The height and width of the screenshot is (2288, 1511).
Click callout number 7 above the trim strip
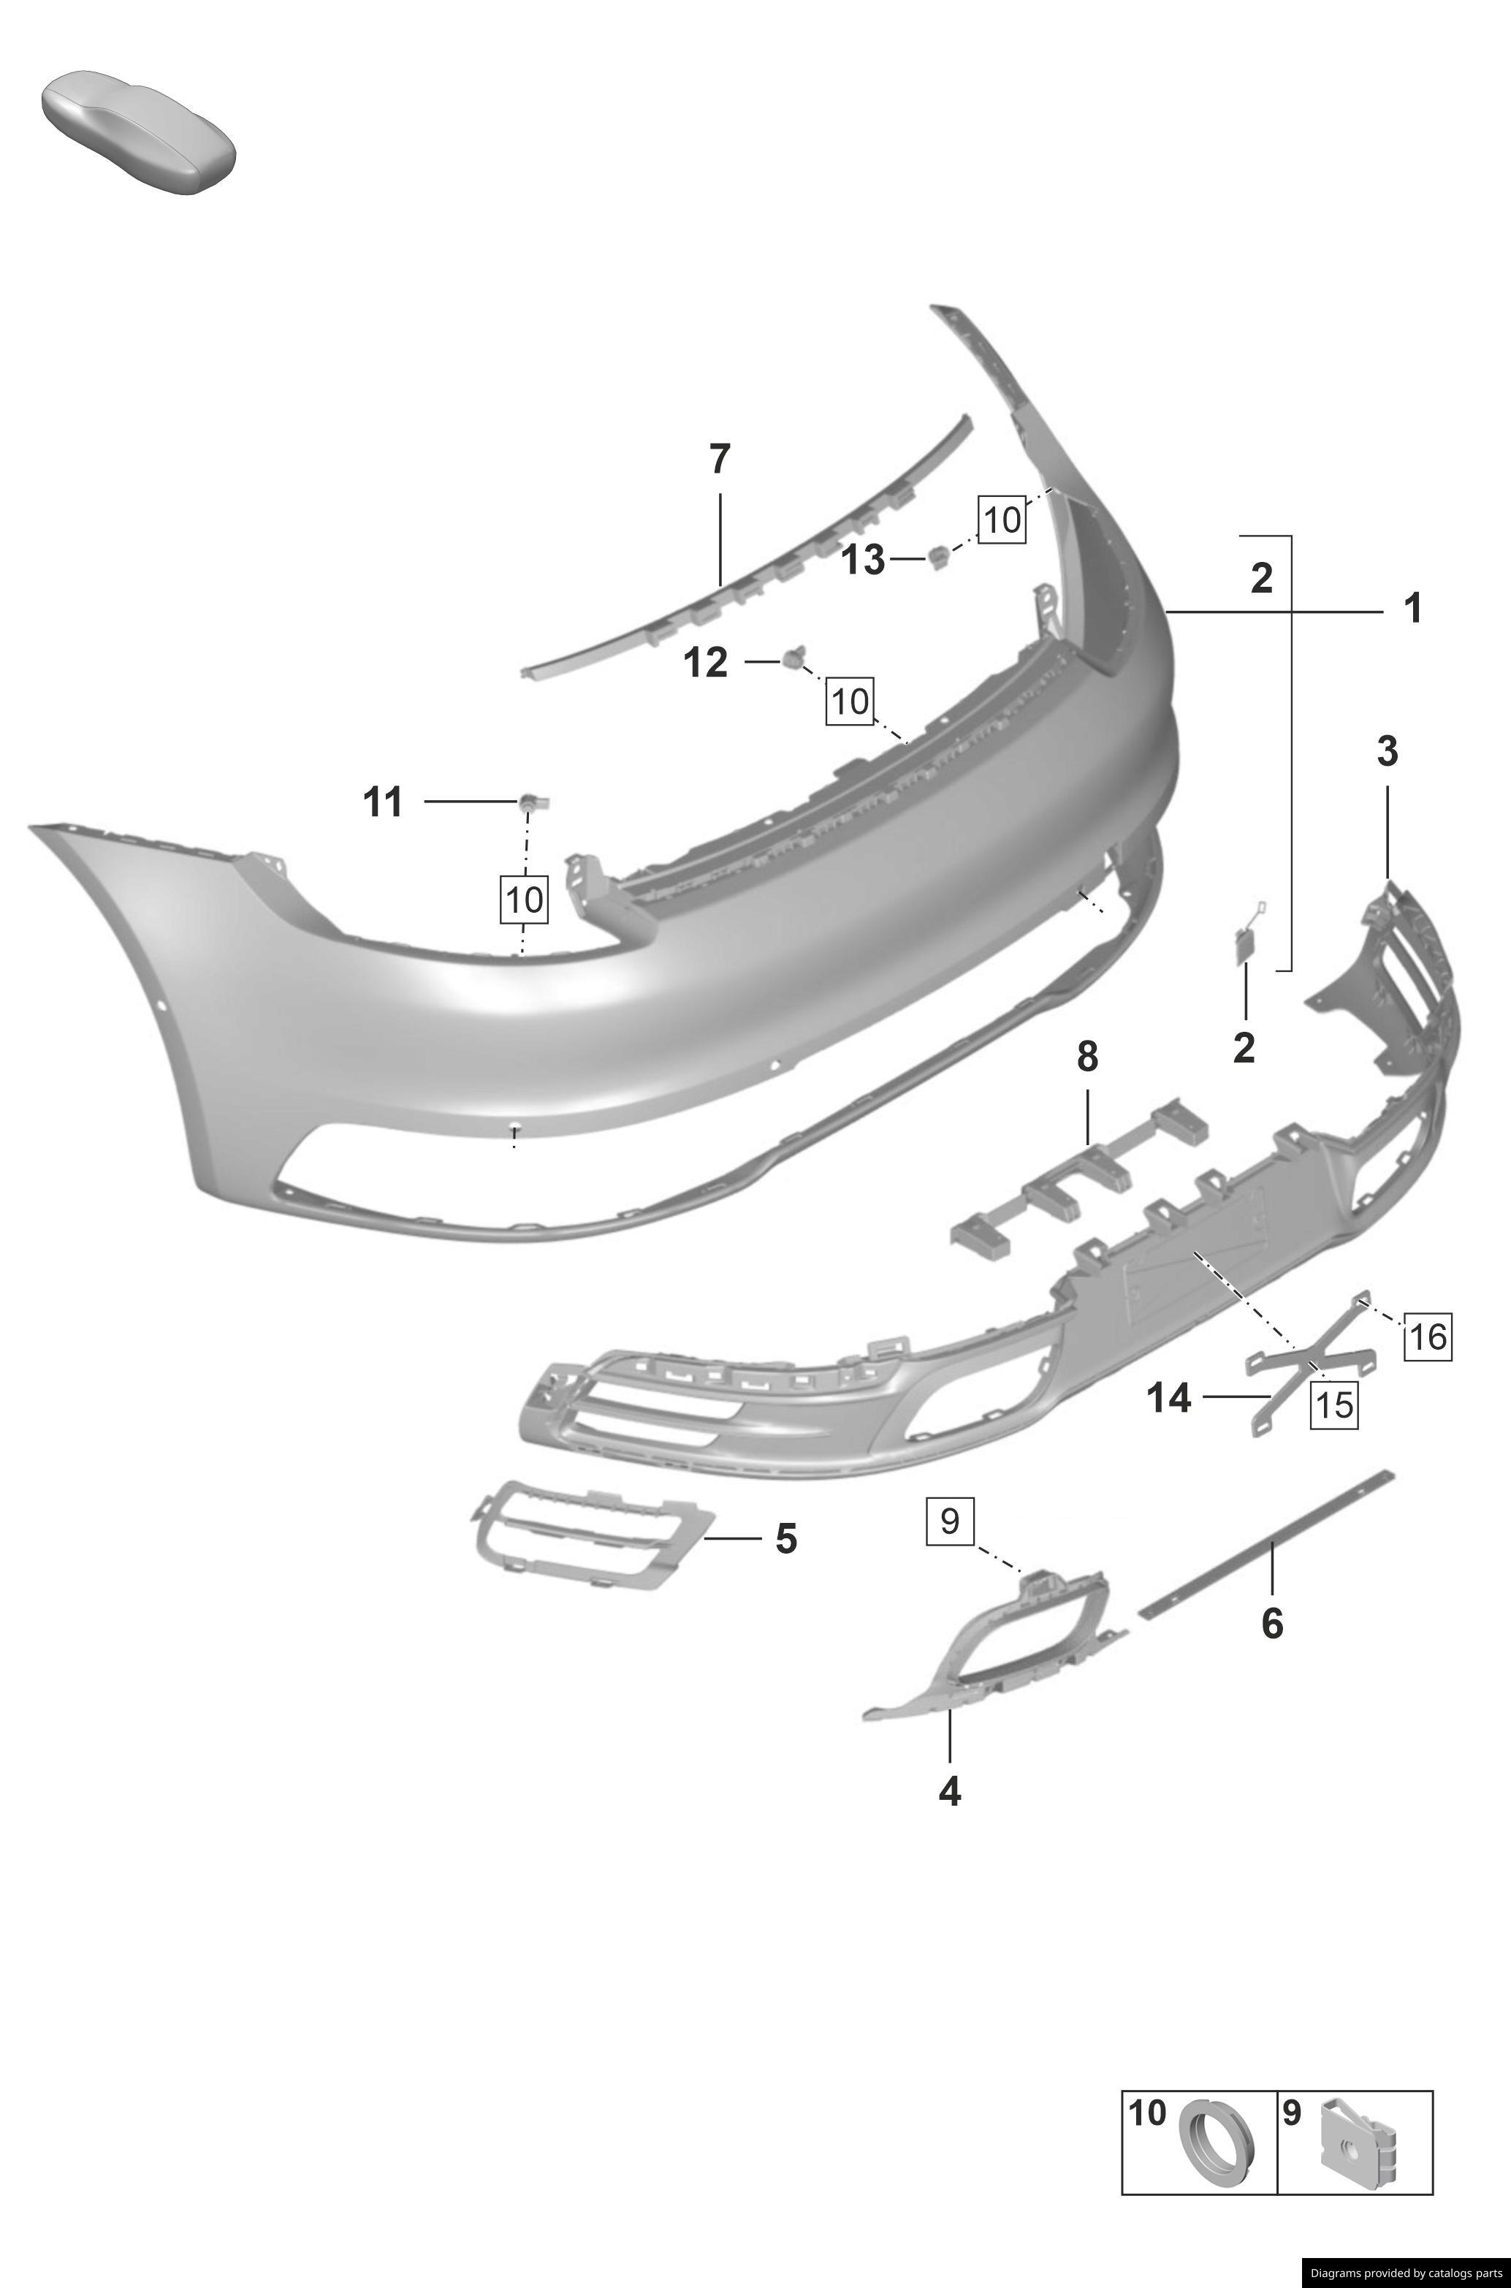720,460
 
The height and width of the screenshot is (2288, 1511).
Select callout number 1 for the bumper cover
1412,609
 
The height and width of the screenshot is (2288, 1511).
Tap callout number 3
1387,752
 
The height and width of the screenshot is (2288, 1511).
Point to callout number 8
1087,1057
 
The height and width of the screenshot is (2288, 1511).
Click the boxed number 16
1427,1337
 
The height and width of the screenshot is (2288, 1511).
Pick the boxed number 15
1333,1405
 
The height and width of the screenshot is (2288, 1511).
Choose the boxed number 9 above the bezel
950,1521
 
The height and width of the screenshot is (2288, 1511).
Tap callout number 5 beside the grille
786,1539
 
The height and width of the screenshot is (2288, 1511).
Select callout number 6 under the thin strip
1272,1624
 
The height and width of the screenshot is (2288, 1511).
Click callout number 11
383,802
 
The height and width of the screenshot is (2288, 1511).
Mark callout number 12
705,663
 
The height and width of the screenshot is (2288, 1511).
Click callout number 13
864,559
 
